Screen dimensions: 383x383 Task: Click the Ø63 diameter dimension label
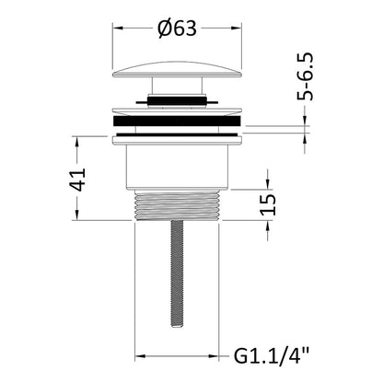pyautogui.click(x=177, y=29)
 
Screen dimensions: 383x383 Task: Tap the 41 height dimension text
pyautogui.click(x=76, y=180)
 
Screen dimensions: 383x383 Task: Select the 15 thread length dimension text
pyautogui.click(x=268, y=204)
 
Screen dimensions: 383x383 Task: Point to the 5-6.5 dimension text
pyautogui.click(x=305, y=76)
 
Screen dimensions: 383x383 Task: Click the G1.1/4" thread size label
pyautogui.click(x=271, y=356)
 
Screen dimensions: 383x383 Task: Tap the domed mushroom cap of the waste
pyautogui.click(x=178, y=70)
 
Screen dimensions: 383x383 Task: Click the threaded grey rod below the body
pyautogui.click(x=177, y=274)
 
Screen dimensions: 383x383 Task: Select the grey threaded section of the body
pyautogui.click(x=177, y=205)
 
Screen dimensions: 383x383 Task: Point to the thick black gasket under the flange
pyautogui.click(x=177, y=121)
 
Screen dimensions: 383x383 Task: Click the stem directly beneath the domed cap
pyautogui.click(x=177, y=86)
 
